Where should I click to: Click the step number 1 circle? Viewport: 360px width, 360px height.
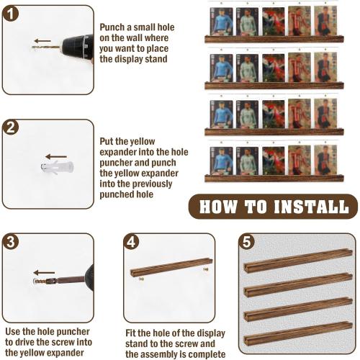[11, 14]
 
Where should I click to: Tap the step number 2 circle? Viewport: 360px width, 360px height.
[11, 127]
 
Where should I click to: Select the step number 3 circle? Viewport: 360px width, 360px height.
[11, 241]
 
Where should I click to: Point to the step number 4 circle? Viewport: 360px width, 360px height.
[131, 241]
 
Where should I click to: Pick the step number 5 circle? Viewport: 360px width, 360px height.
[247, 241]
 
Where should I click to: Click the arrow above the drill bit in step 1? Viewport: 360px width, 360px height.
[42, 41]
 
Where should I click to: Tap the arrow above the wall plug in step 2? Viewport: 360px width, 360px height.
[56, 157]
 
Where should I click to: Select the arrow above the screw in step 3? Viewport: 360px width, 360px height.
[44, 273]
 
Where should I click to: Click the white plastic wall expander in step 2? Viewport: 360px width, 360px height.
[57, 167]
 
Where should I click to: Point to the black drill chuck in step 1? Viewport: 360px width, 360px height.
[78, 48]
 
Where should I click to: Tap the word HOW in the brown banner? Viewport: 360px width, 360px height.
[218, 207]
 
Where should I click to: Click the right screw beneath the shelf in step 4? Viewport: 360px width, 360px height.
[206, 269]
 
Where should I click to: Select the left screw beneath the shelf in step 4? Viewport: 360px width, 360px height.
[141, 279]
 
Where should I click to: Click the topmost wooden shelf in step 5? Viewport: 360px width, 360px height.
[298, 261]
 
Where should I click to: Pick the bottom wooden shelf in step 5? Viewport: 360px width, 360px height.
[298, 333]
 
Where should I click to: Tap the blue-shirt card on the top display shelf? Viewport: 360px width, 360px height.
[221, 22]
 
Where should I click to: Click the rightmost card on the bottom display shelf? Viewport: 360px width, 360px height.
[325, 160]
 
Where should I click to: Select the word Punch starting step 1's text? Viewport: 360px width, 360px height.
[112, 27]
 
